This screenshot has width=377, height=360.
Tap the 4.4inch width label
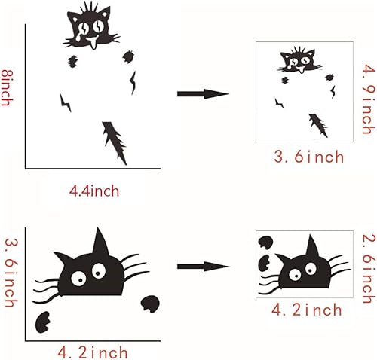point(94,191)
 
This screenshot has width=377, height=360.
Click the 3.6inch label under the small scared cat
point(309,157)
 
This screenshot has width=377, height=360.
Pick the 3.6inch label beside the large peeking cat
point(10,273)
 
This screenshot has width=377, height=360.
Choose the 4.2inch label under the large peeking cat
point(93,351)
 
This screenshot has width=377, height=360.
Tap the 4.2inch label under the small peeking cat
point(307,310)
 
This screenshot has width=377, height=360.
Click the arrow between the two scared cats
point(203,93)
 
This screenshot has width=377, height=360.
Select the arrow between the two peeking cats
point(203,266)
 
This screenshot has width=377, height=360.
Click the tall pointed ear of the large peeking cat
point(99,243)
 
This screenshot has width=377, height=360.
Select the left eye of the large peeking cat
point(77,278)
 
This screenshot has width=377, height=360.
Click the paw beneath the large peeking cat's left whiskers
point(44,322)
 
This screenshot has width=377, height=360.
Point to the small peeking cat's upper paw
point(265,243)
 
